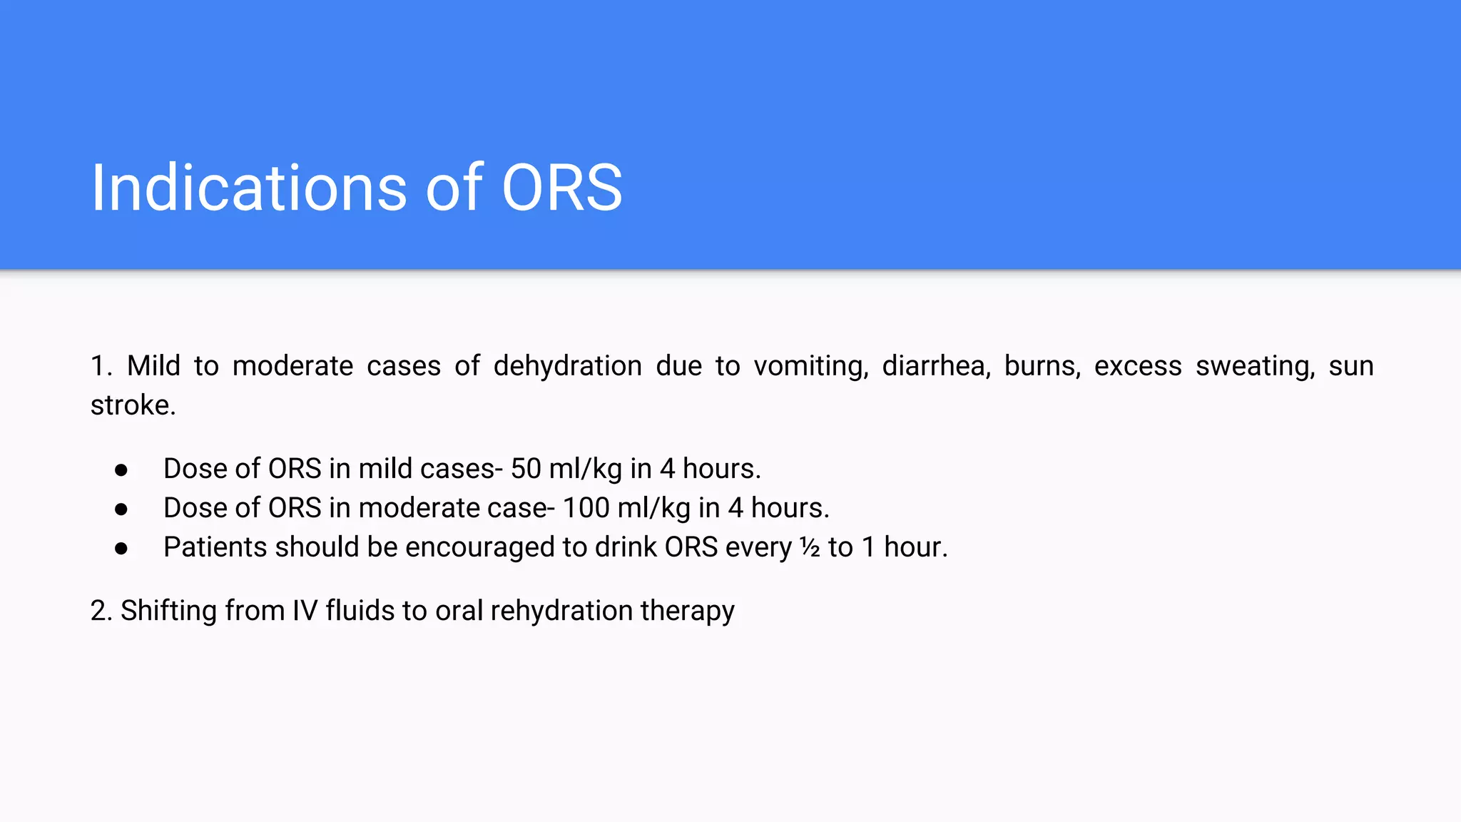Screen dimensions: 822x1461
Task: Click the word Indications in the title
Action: tap(249, 188)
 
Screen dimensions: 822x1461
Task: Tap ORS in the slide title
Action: tap(562, 188)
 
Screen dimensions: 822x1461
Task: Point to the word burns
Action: tap(1042, 366)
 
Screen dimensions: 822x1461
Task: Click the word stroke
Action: tap(133, 405)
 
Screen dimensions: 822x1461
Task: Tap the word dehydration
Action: tap(567, 366)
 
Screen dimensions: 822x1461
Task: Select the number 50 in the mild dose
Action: tap(526, 469)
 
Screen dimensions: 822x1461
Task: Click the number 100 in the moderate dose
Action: tap(586, 508)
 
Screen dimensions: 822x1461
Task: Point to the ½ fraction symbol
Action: tap(810, 547)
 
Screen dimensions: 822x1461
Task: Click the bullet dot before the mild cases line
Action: tap(121, 470)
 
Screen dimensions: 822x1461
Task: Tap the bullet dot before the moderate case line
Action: tap(121, 509)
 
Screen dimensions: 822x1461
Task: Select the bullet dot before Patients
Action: tap(121, 549)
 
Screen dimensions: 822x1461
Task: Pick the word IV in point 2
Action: tap(305, 611)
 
